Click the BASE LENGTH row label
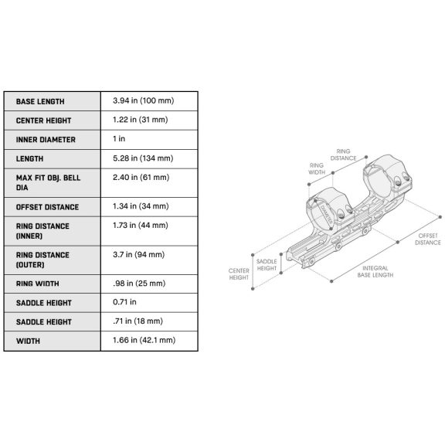pyautogui.click(x=40, y=102)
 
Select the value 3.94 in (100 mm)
pyautogui.click(x=144, y=100)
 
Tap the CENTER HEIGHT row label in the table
pyautogui.click(x=43, y=121)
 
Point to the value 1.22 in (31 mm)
pyautogui.click(x=140, y=120)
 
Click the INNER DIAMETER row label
pyautogui.click(x=46, y=140)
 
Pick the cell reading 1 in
pyautogui.click(x=119, y=138)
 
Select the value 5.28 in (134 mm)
pyautogui.click(x=143, y=158)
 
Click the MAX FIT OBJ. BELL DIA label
pyautogui.click(x=48, y=183)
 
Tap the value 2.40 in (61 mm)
pyautogui.click(x=141, y=178)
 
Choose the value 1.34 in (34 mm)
pyautogui.click(x=141, y=206)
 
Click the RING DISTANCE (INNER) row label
pyautogui.click(x=42, y=231)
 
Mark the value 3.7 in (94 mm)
pyautogui.click(x=138, y=254)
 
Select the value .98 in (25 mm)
pyautogui.click(x=139, y=284)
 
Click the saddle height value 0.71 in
pyautogui.click(x=124, y=302)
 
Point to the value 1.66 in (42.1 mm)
pyautogui.click(x=144, y=340)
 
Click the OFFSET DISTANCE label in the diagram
pyautogui.click(x=428, y=239)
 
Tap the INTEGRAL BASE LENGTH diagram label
pyautogui.click(x=375, y=272)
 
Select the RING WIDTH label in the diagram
pyautogui.click(x=317, y=169)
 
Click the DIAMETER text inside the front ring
pyautogui.click(x=326, y=214)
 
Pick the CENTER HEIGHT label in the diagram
pyautogui.click(x=239, y=274)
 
